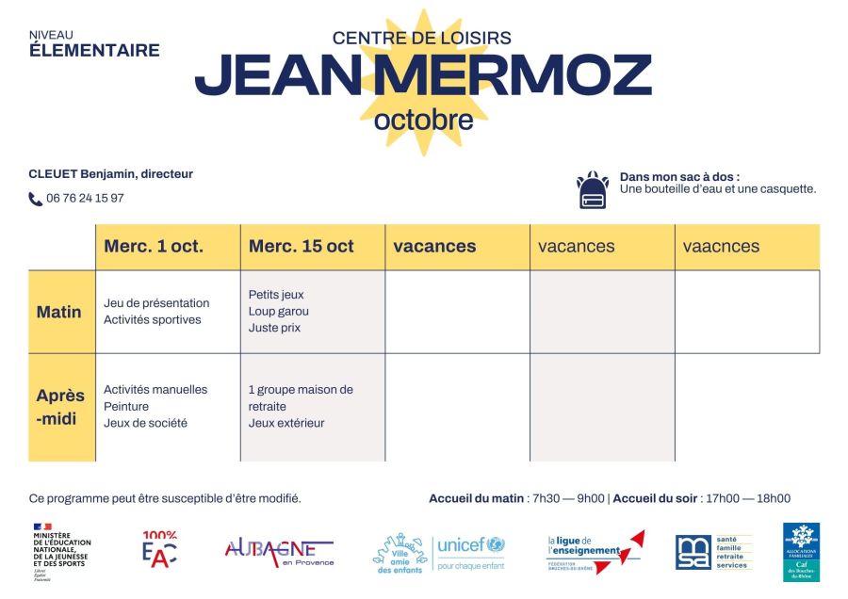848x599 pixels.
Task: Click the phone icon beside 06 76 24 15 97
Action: point(36,199)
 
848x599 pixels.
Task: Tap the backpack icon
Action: point(592,190)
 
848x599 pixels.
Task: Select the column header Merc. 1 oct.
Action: point(154,247)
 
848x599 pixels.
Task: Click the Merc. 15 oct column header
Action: point(302,247)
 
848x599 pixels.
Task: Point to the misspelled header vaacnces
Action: point(721,247)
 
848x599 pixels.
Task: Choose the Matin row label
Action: point(59,312)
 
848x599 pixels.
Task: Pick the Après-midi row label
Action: point(60,406)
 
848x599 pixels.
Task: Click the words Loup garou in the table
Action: point(279,311)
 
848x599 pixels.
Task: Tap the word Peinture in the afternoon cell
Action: point(126,406)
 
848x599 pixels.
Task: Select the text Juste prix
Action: point(275,328)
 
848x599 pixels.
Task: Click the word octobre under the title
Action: point(423,121)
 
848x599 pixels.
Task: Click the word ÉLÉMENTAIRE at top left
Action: point(94,51)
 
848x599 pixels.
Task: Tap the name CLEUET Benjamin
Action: point(82,174)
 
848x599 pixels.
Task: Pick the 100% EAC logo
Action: point(159,550)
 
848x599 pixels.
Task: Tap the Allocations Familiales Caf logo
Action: point(801,552)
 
